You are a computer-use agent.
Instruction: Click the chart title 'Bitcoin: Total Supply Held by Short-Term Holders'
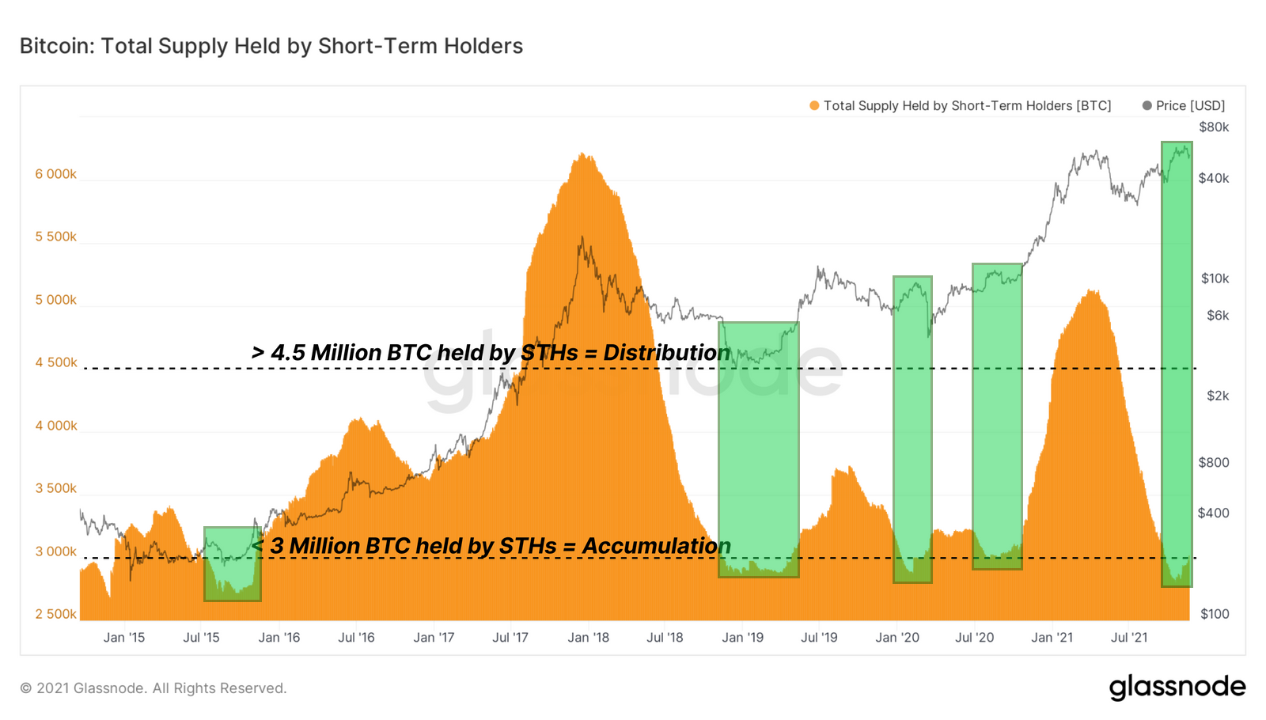[x=271, y=46]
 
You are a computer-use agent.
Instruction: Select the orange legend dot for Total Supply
[x=814, y=105]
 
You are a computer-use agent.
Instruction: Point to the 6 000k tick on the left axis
[x=55, y=174]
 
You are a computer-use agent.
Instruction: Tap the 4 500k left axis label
[x=55, y=362]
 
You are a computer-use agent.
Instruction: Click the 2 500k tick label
[x=55, y=614]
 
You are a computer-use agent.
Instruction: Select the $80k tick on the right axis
[x=1214, y=127]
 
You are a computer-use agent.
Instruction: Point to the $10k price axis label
[x=1215, y=279]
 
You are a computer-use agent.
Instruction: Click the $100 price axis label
[x=1215, y=614]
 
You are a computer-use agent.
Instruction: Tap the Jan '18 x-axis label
[x=588, y=638]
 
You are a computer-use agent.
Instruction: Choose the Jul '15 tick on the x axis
[x=201, y=638]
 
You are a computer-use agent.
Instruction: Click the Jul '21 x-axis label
[x=1129, y=638]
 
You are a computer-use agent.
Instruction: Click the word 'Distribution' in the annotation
[x=666, y=353]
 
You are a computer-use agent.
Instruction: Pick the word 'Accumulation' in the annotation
[x=656, y=546]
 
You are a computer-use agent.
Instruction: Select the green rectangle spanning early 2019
[x=758, y=449]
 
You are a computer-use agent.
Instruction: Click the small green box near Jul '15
[x=232, y=564]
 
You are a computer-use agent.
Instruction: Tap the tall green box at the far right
[x=1177, y=364]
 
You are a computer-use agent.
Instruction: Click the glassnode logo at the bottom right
[x=1177, y=687]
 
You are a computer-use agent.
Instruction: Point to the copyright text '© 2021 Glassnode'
[x=153, y=688]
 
